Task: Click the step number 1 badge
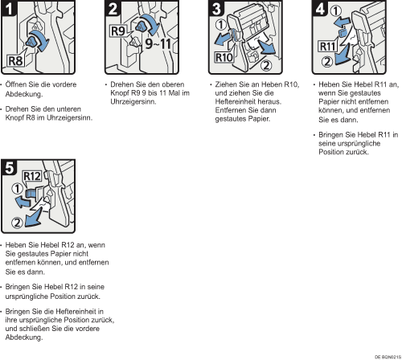click(x=9, y=8)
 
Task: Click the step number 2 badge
click(x=113, y=8)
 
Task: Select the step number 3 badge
click(x=216, y=8)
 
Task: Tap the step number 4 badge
click(x=320, y=8)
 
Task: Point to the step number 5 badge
click(x=9, y=167)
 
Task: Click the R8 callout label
click(x=15, y=61)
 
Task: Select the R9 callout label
click(x=118, y=31)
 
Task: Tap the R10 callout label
click(x=224, y=57)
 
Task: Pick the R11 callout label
click(x=327, y=47)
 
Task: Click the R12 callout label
click(x=32, y=176)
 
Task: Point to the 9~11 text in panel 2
click(x=158, y=43)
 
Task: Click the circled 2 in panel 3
click(x=266, y=66)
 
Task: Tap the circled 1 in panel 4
click(x=335, y=11)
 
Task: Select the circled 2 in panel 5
click(x=17, y=223)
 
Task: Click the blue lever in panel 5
click(x=31, y=193)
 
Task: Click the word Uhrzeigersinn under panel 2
click(x=133, y=102)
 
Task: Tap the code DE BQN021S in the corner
click(x=388, y=357)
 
